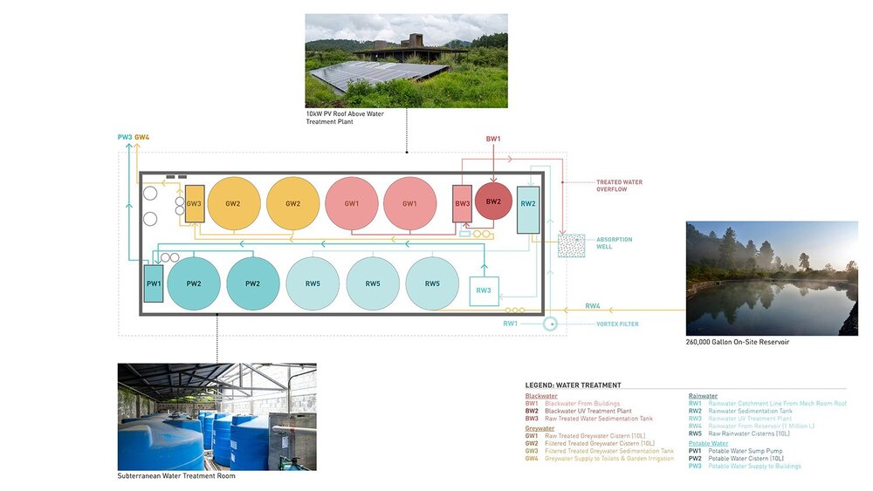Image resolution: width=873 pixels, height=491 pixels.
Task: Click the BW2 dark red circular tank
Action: [x=493, y=202]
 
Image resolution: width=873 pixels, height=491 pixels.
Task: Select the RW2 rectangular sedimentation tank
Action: [x=527, y=210]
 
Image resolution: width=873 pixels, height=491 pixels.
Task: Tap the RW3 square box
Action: [x=484, y=290]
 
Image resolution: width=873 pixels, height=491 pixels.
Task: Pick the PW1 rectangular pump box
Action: [x=154, y=283]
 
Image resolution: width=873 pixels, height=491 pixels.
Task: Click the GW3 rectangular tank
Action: [x=194, y=203]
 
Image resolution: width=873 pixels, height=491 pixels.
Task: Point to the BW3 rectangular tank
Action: [x=462, y=204]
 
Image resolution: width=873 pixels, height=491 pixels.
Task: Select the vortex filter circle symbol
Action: [x=550, y=324]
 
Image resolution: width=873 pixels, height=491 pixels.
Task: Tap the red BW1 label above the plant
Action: [x=493, y=139]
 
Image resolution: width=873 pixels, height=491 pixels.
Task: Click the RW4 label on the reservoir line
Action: [x=593, y=306]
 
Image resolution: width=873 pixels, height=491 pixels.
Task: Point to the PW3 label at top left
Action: [x=125, y=137]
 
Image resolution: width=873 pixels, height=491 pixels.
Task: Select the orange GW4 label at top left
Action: [x=142, y=137]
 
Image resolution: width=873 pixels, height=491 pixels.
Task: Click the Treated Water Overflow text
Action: [x=619, y=186]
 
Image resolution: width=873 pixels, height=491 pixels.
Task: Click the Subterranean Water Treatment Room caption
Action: [x=176, y=476]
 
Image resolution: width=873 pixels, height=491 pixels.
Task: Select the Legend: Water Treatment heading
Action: [x=573, y=385]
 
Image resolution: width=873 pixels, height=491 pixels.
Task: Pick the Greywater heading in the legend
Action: [x=540, y=428]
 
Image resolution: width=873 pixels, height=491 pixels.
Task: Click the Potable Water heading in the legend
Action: [x=708, y=444]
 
